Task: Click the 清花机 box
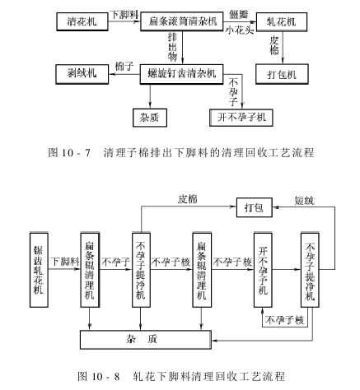(x=80, y=18)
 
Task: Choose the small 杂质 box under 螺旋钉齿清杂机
(x=152, y=117)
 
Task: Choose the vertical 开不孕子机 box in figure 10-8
(x=264, y=267)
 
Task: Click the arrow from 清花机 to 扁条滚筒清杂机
(x=120, y=18)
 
